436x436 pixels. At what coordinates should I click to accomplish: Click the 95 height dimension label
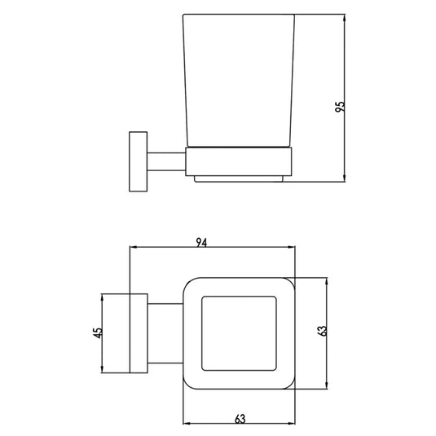(340, 107)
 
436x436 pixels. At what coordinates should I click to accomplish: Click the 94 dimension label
(201, 243)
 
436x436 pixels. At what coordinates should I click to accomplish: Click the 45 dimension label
(98, 333)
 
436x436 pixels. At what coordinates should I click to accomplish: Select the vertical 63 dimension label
(322, 331)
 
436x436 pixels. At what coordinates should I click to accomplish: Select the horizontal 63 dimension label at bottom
(240, 419)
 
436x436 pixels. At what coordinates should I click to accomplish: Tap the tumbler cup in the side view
(238, 81)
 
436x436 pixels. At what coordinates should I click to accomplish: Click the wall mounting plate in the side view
(139, 161)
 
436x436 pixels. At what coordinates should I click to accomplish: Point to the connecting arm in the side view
(166, 161)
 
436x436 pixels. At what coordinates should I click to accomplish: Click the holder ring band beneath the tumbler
(239, 161)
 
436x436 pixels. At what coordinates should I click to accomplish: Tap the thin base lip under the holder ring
(239, 179)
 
